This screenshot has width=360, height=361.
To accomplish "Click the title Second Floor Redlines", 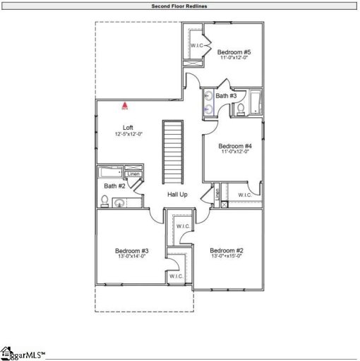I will tap(179, 6).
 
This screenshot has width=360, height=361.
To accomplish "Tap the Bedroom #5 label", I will tap(234, 52).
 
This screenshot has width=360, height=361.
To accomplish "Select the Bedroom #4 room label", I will tap(234, 146).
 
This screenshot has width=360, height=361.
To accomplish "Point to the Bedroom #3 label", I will tap(132, 250).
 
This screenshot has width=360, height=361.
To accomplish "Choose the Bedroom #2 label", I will tap(227, 250).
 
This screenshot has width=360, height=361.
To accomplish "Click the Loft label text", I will tap(128, 128).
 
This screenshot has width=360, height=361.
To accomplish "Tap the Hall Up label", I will tap(177, 194).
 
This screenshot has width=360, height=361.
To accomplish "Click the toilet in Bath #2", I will tap(104, 202).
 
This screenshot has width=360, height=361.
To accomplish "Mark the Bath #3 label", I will tap(226, 95).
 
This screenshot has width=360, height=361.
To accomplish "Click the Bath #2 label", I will tap(114, 186).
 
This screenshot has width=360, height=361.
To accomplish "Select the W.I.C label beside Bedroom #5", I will tap(197, 46).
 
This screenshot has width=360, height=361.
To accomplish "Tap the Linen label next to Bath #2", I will tap(133, 174).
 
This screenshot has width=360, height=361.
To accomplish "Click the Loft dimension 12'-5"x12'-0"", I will tap(128, 134).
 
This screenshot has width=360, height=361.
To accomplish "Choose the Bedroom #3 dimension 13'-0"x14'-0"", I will tap(132, 257).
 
